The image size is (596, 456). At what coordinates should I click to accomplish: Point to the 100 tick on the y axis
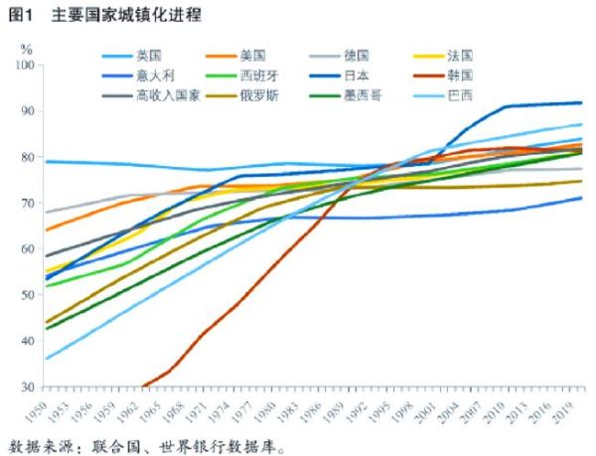click(x=26, y=66)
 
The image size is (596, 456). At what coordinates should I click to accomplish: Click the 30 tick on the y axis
click(x=29, y=387)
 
